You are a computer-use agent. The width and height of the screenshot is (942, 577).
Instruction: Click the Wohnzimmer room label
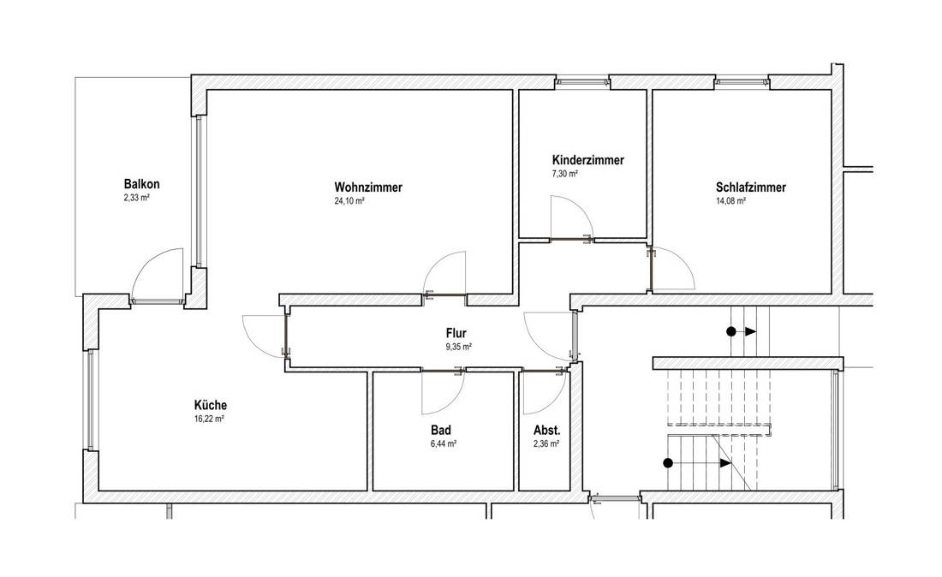pyautogui.click(x=368, y=187)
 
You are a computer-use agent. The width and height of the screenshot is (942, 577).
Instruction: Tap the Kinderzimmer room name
pyautogui.click(x=588, y=160)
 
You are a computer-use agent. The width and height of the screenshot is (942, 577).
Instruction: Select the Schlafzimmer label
pyautogui.click(x=751, y=187)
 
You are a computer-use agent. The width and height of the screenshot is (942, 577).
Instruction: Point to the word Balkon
pyautogui.click(x=142, y=184)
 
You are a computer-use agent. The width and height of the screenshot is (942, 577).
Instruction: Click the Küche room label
pyautogui.click(x=211, y=405)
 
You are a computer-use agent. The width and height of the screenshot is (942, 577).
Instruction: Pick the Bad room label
pyautogui.click(x=441, y=431)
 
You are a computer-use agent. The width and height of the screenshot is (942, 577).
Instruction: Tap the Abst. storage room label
pyautogui.click(x=546, y=431)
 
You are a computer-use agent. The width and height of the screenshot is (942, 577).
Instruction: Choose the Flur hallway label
pyautogui.click(x=456, y=333)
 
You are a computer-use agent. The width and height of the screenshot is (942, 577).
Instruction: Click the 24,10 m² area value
pyautogui.click(x=349, y=201)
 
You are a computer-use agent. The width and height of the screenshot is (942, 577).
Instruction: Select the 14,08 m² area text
pyautogui.click(x=730, y=201)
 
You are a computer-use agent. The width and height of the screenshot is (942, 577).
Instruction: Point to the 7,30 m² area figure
pyautogui.click(x=564, y=174)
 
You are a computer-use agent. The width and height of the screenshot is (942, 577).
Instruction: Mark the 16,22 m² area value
pyautogui.click(x=208, y=419)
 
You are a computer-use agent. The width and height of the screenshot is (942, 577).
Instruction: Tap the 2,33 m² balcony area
pyautogui.click(x=136, y=198)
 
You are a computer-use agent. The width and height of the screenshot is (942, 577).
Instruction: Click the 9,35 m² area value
pyautogui.click(x=458, y=347)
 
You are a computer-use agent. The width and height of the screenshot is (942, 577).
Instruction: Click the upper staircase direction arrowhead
pyautogui.click(x=751, y=331)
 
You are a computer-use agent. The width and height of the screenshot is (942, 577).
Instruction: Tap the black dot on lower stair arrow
pyautogui.click(x=667, y=463)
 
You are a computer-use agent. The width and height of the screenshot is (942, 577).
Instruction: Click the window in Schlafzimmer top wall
pyautogui.click(x=742, y=81)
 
